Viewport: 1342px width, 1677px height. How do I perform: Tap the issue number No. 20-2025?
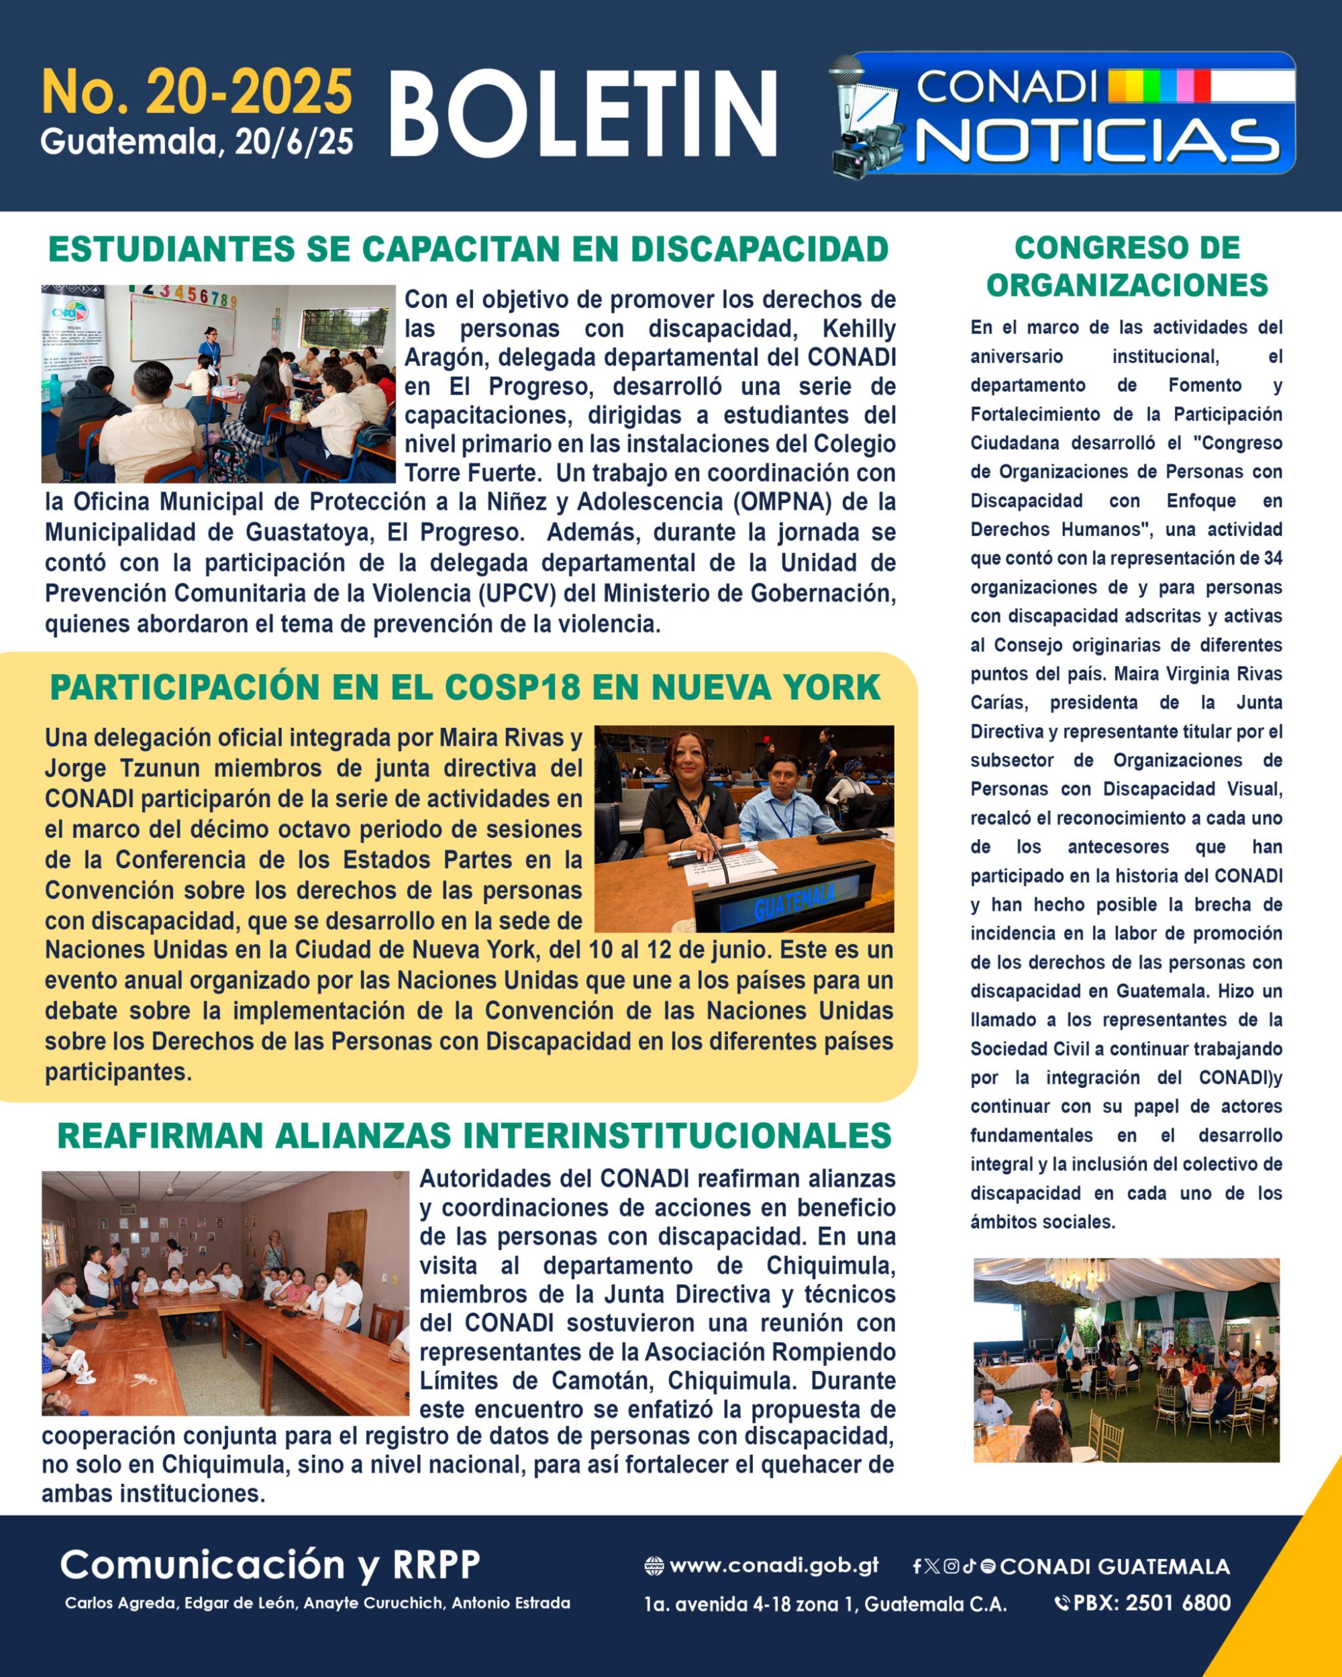pos(197,92)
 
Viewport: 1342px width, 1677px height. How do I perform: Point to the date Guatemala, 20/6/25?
pos(197,142)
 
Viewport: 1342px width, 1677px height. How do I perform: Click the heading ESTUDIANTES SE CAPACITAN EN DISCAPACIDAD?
pos(468,250)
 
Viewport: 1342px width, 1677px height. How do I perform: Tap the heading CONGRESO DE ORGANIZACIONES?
pos(1127,266)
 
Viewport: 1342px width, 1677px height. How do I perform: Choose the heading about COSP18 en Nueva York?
pos(465,688)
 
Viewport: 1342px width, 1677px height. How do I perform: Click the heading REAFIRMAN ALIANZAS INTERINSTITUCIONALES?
pos(474,1136)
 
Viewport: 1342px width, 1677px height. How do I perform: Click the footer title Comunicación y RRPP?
pos(270,1564)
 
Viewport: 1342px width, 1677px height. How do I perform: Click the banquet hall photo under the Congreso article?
pos(1126,1360)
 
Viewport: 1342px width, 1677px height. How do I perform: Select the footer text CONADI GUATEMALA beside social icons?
pos(1115,1566)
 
